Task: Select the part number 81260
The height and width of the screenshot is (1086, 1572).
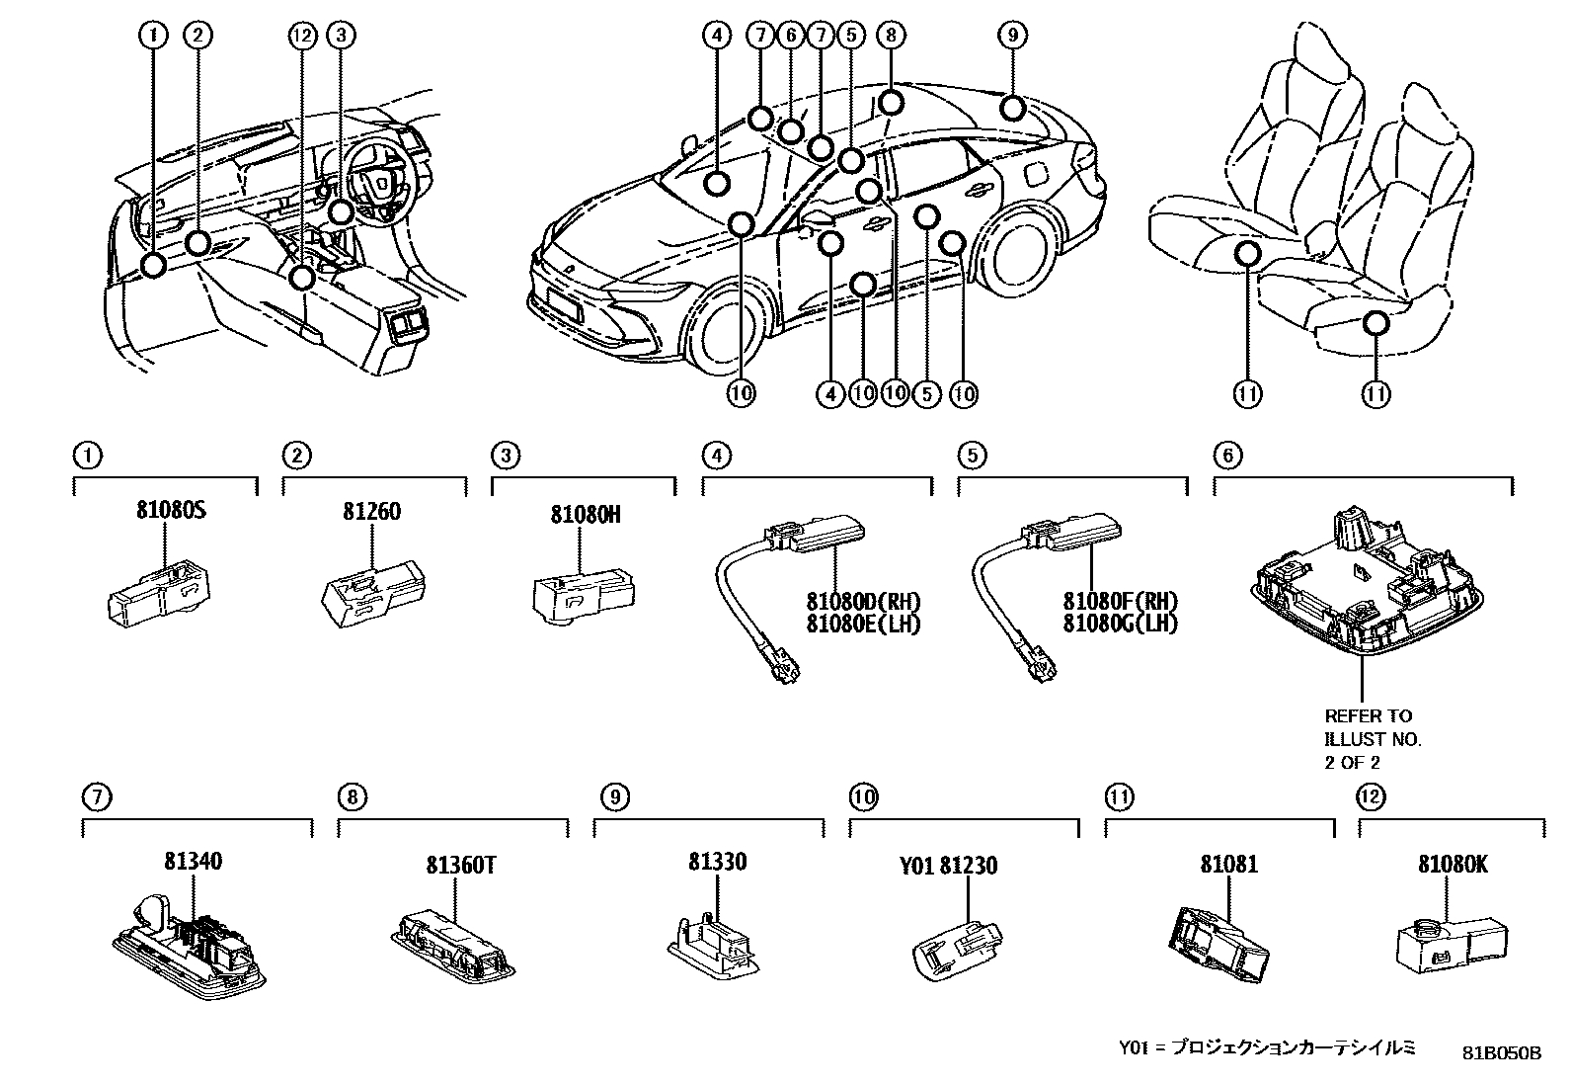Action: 372,511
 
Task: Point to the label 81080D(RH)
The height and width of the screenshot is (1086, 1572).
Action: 863,602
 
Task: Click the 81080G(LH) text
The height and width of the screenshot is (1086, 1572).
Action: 1120,624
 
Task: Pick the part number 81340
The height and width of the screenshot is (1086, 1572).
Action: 193,862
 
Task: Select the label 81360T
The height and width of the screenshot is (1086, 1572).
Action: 460,865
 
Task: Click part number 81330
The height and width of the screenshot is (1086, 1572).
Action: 717,862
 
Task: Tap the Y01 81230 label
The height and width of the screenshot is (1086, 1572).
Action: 948,866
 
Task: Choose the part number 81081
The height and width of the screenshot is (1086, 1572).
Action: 1229,864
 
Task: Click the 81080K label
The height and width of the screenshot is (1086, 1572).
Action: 1453,864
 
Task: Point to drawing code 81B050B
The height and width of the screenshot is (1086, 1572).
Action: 1502,1052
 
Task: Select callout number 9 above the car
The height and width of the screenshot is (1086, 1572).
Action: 1012,36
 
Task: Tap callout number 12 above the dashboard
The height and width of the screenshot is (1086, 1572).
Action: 301,36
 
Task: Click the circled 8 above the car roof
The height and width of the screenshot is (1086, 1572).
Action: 890,36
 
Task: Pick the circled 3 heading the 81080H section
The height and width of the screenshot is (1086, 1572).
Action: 505,456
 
